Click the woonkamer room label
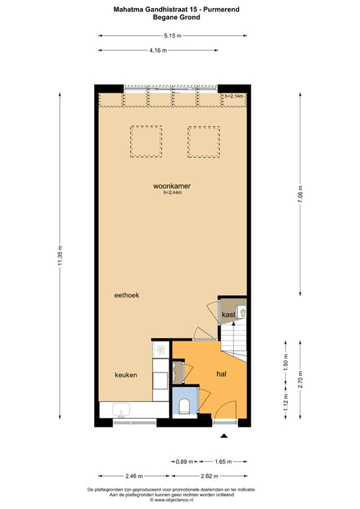tap(172, 186)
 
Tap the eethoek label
tap(127, 295)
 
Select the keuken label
tap(126, 375)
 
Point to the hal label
tap(221, 374)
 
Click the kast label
tap(229, 315)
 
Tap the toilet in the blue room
tap(184, 406)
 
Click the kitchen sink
tap(121, 410)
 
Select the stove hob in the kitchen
tap(161, 349)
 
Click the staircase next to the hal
tap(234, 343)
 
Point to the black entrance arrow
tap(223, 436)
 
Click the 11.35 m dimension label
tap(60, 254)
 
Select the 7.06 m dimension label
tap(300, 194)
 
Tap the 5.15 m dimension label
tap(172, 36)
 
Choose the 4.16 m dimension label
tap(158, 50)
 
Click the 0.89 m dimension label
tap(184, 461)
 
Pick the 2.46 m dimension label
tap(134, 476)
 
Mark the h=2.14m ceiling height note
tap(234, 96)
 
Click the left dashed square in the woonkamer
tap(146, 142)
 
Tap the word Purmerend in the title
tap(221, 9)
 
